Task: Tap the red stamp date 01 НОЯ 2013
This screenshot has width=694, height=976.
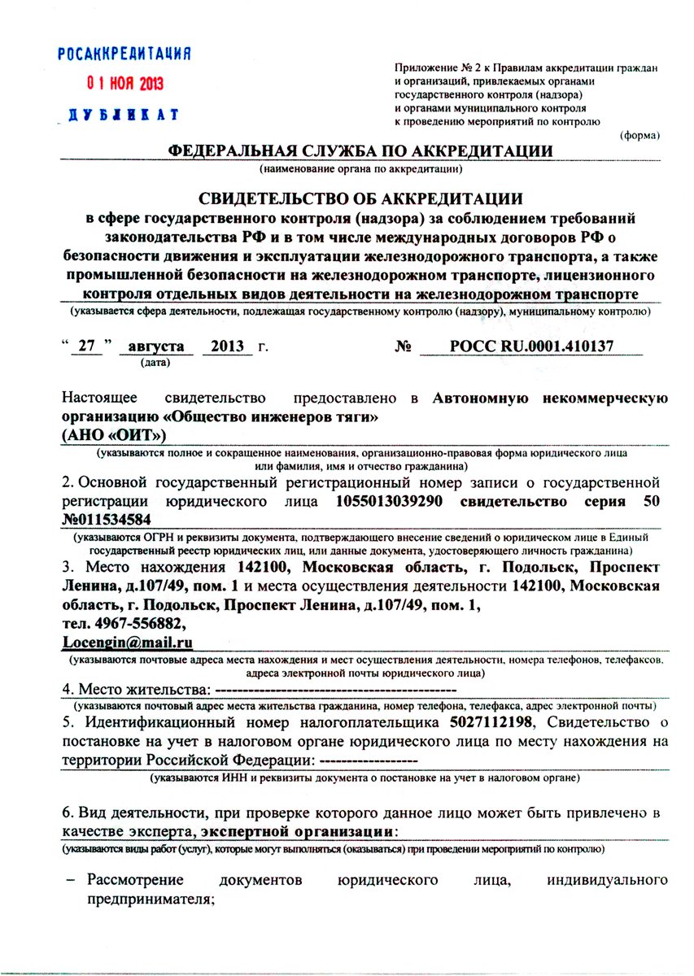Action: tap(126, 84)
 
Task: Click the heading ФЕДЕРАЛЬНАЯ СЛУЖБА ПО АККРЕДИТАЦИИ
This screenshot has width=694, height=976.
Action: tap(360, 150)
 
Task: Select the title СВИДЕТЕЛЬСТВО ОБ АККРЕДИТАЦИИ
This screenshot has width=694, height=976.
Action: tap(361, 199)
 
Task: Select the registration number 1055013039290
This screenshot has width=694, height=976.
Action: tap(389, 501)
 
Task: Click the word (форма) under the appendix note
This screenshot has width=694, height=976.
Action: tap(640, 135)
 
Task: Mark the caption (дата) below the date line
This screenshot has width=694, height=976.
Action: tap(155, 363)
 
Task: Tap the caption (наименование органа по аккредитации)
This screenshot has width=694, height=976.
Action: tap(361, 169)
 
